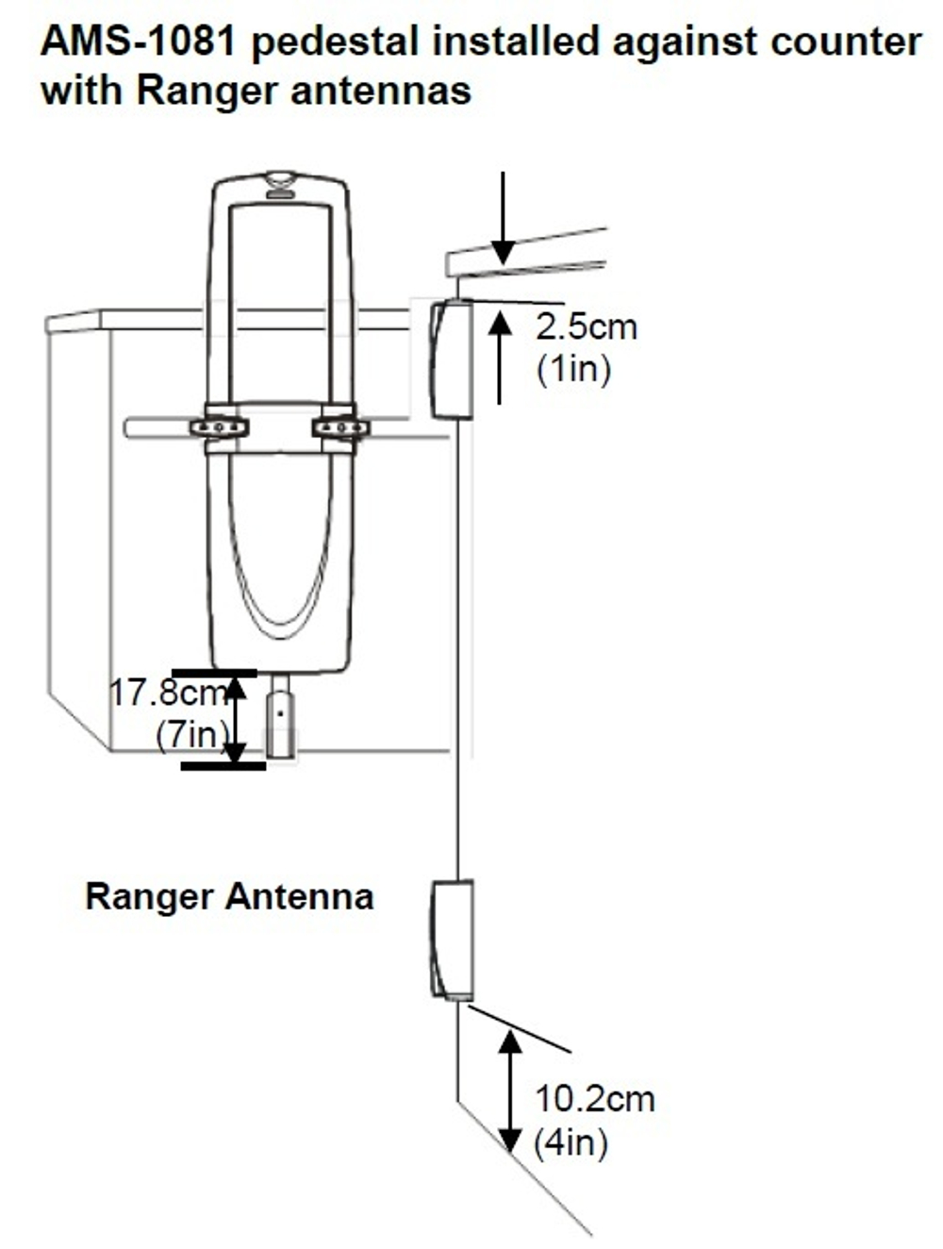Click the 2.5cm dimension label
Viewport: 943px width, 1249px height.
pos(586,327)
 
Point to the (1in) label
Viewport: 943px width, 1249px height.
pos(573,368)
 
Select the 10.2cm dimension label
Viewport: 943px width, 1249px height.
pos(594,1099)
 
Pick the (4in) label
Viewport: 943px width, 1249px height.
pos(571,1143)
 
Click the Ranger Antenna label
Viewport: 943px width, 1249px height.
pos(229,896)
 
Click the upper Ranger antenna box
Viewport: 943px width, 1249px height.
pos(451,359)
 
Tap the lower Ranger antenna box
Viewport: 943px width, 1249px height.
pos(451,939)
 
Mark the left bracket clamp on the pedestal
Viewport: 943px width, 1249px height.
pos(220,427)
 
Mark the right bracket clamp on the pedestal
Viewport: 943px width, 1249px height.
pos(339,427)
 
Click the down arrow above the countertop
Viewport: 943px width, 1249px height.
pos(504,217)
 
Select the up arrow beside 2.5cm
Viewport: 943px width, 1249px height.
pos(500,358)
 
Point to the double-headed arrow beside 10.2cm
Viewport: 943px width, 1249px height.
pos(510,1091)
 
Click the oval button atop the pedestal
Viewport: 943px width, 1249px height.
pos(280,178)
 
